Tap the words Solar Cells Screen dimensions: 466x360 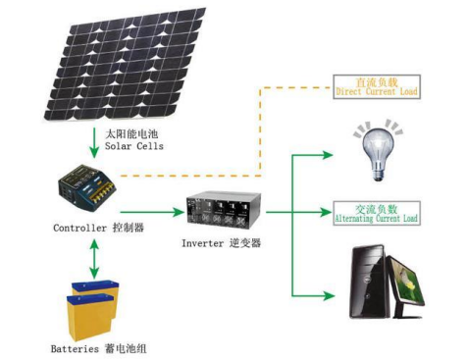[x=134, y=146]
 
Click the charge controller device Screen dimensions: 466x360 [x=87, y=187]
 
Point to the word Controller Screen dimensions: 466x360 [x=80, y=228]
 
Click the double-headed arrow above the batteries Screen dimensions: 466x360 [x=94, y=259]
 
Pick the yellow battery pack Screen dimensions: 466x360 [x=92, y=310]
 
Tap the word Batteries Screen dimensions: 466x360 [x=75, y=348]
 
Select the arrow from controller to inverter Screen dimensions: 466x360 [x=152, y=212]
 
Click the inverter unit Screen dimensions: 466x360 [x=224, y=209]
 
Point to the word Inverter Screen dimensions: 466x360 [x=203, y=243]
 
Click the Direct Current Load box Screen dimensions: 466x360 [x=377, y=87]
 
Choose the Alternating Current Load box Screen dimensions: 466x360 [x=377, y=214]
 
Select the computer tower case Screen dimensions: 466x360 [x=370, y=282]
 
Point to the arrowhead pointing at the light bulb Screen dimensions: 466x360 [x=328, y=155]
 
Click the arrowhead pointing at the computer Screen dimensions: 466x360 [x=329, y=296]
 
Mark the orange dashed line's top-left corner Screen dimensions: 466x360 [x=260, y=87]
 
